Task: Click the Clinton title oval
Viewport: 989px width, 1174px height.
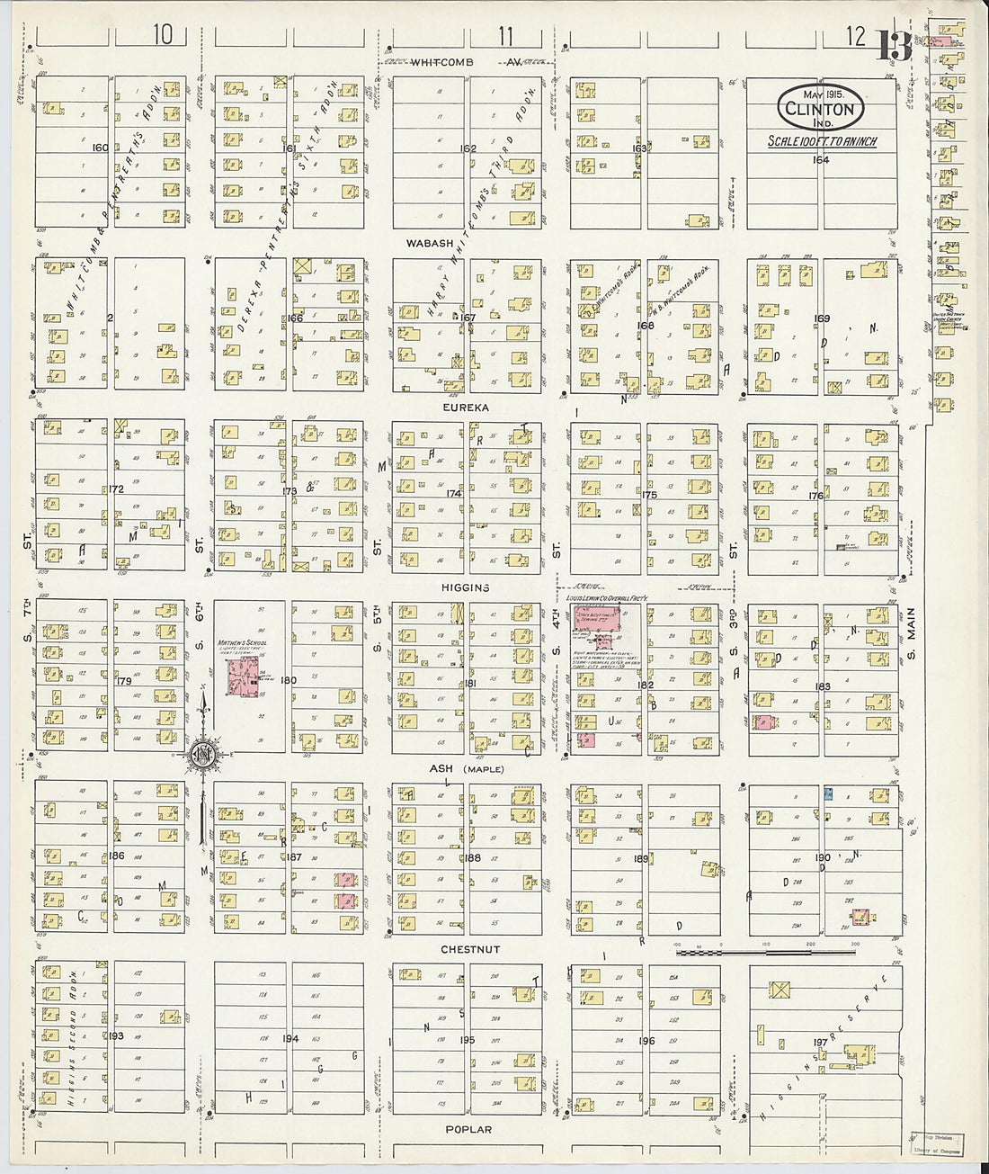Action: coord(820,108)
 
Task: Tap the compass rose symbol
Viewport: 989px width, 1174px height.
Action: coord(204,754)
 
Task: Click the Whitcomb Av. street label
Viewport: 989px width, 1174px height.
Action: coord(465,63)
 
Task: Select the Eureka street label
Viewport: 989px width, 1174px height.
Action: coord(465,408)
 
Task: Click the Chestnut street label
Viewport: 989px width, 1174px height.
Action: coord(470,949)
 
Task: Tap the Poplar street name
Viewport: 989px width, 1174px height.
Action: coord(468,1129)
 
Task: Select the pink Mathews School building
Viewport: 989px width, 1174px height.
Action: coord(241,680)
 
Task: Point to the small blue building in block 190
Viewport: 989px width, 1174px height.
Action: coord(828,794)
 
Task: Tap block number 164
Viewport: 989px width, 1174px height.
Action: coord(820,160)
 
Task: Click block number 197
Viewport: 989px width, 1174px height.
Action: coord(820,1042)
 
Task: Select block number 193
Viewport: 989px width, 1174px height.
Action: coord(115,1036)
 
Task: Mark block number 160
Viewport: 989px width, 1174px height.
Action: coord(100,148)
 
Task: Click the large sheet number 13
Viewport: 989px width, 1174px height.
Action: coord(895,45)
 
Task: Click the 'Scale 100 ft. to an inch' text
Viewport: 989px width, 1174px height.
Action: coord(822,141)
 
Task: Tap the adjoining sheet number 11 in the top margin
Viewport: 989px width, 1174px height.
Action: coord(505,36)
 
